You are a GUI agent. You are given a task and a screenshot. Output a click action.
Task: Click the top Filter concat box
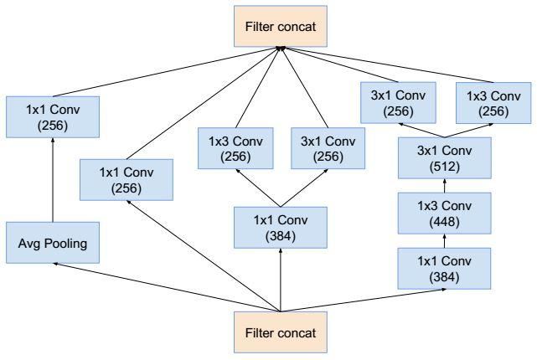tap(281, 26)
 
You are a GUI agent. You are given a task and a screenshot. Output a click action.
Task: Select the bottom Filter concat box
tap(281, 332)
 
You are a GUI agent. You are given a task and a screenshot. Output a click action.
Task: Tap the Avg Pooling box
tap(53, 243)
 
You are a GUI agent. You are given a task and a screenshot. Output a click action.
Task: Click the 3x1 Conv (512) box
tap(445, 158)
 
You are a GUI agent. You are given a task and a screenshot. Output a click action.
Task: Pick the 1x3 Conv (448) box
tap(445, 213)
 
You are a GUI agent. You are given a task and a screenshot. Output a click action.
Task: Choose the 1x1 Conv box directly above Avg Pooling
tap(53, 117)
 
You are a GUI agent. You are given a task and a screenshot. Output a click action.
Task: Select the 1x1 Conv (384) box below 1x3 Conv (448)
tap(444, 269)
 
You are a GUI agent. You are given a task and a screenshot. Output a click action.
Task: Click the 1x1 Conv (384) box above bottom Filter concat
tap(281, 228)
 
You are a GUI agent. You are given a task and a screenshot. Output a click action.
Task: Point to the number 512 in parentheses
tap(445, 167)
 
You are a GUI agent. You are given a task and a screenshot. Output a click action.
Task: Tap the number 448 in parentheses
tap(445, 222)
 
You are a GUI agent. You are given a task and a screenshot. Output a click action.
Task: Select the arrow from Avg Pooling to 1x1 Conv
tap(53, 180)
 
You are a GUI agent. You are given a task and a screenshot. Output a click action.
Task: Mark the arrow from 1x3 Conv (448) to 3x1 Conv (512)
tap(445, 186)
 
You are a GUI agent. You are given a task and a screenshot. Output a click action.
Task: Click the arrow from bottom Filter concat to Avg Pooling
tap(167, 287)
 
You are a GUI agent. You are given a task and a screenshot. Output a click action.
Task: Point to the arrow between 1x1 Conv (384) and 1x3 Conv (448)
tap(445, 241)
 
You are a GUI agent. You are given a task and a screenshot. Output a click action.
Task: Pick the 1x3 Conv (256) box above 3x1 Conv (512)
tap(493, 103)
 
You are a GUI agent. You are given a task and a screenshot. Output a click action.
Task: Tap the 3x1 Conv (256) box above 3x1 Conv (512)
tap(398, 103)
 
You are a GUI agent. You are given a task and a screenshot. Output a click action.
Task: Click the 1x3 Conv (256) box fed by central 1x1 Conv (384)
tap(235, 148)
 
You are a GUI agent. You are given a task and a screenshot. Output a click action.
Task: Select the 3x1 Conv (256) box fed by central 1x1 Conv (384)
tap(328, 148)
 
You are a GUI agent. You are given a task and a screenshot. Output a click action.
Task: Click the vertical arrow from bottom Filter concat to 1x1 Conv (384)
tap(281, 280)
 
